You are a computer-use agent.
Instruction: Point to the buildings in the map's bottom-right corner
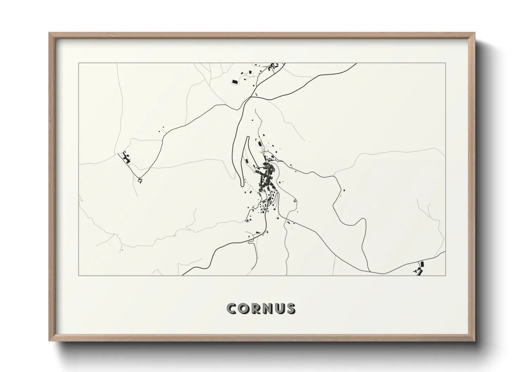pyautogui.click(x=420, y=269)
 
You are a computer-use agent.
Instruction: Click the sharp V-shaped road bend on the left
pyautogui.click(x=139, y=177)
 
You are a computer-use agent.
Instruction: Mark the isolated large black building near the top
pyautogui.click(x=235, y=82)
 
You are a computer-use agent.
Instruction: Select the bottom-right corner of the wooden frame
pyautogui.click(x=474, y=341)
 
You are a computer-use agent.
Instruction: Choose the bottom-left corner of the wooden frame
pyautogui.click(x=50, y=341)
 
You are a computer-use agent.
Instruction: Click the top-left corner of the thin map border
pyautogui.click(x=79, y=63)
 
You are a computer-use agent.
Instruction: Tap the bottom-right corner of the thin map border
pyautogui.click(x=446, y=275)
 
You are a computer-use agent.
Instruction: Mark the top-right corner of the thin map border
pyautogui.click(x=446, y=63)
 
